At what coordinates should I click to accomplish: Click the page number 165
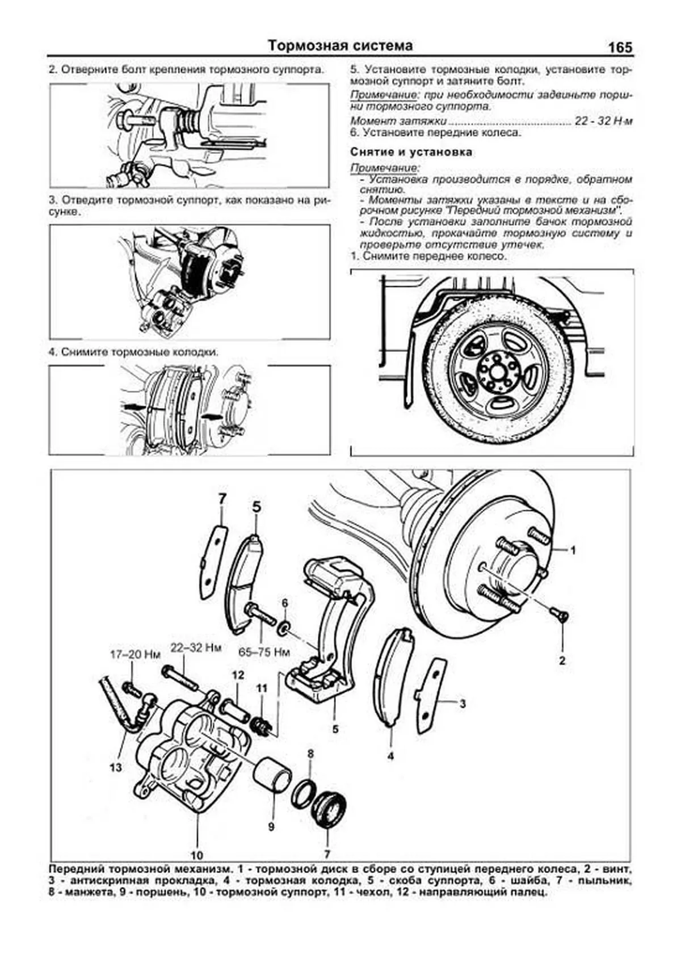(x=620, y=48)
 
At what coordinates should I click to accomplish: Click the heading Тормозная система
(x=340, y=45)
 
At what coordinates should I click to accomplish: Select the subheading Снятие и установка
(x=411, y=152)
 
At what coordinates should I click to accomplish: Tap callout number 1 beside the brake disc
(x=573, y=549)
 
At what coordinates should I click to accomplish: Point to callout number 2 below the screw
(x=562, y=661)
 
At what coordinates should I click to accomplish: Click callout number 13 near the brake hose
(x=116, y=768)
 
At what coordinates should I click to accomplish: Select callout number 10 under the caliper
(x=197, y=855)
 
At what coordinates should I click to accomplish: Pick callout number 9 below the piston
(x=271, y=827)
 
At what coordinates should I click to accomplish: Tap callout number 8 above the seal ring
(x=310, y=754)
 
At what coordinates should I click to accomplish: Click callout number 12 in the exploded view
(x=238, y=675)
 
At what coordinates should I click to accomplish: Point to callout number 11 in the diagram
(x=261, y=688)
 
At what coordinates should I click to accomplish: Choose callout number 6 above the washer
(x=285, y=602)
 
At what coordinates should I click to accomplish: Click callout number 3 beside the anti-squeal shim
(x=463, y=704)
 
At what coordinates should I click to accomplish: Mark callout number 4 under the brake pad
(x=390, y=756)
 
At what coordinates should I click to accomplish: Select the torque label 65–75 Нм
(x=264, y=652)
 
